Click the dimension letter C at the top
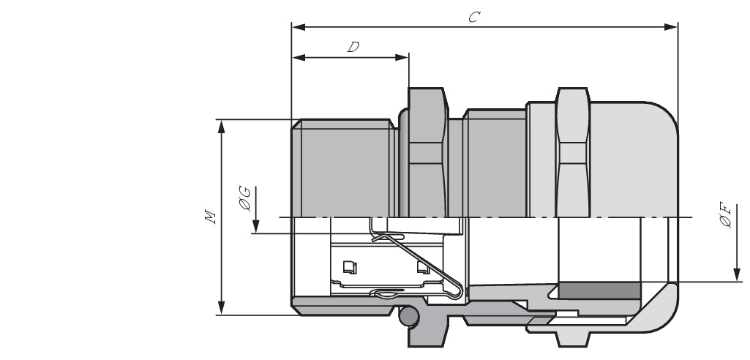click(473, 17)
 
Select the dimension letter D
click(353, 48)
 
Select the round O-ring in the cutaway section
click(408, 316)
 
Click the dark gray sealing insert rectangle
click(599, 290)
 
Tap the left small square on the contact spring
click(349, 267)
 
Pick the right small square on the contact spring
click(422, 267)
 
